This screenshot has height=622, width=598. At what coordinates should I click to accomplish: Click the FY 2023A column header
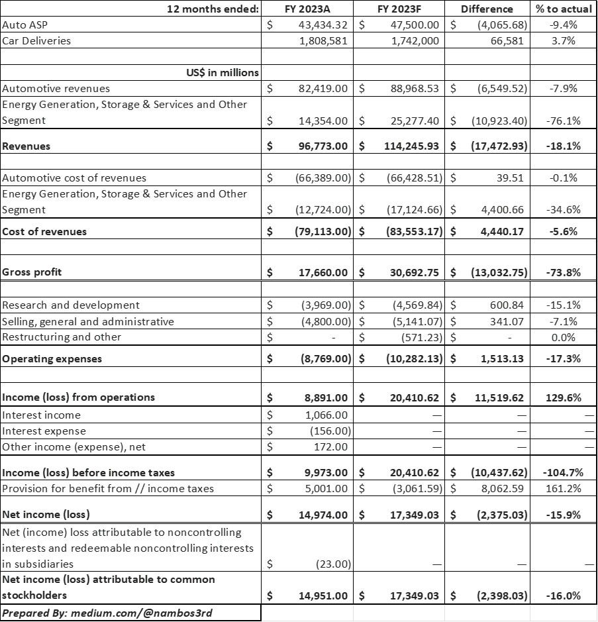point(307,9)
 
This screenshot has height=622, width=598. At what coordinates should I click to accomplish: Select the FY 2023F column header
point(399,9)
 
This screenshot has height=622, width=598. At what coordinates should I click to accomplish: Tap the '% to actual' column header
point(564,9)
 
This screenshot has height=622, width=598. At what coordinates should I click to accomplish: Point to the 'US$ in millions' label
point(222,72)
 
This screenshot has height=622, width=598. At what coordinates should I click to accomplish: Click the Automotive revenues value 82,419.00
point(323,88)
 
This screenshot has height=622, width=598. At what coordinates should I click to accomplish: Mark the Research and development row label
point(71,305)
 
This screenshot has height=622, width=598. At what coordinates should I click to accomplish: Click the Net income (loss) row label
point(46,514)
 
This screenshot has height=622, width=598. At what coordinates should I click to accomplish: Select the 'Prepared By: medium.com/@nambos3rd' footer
point(107,613)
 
